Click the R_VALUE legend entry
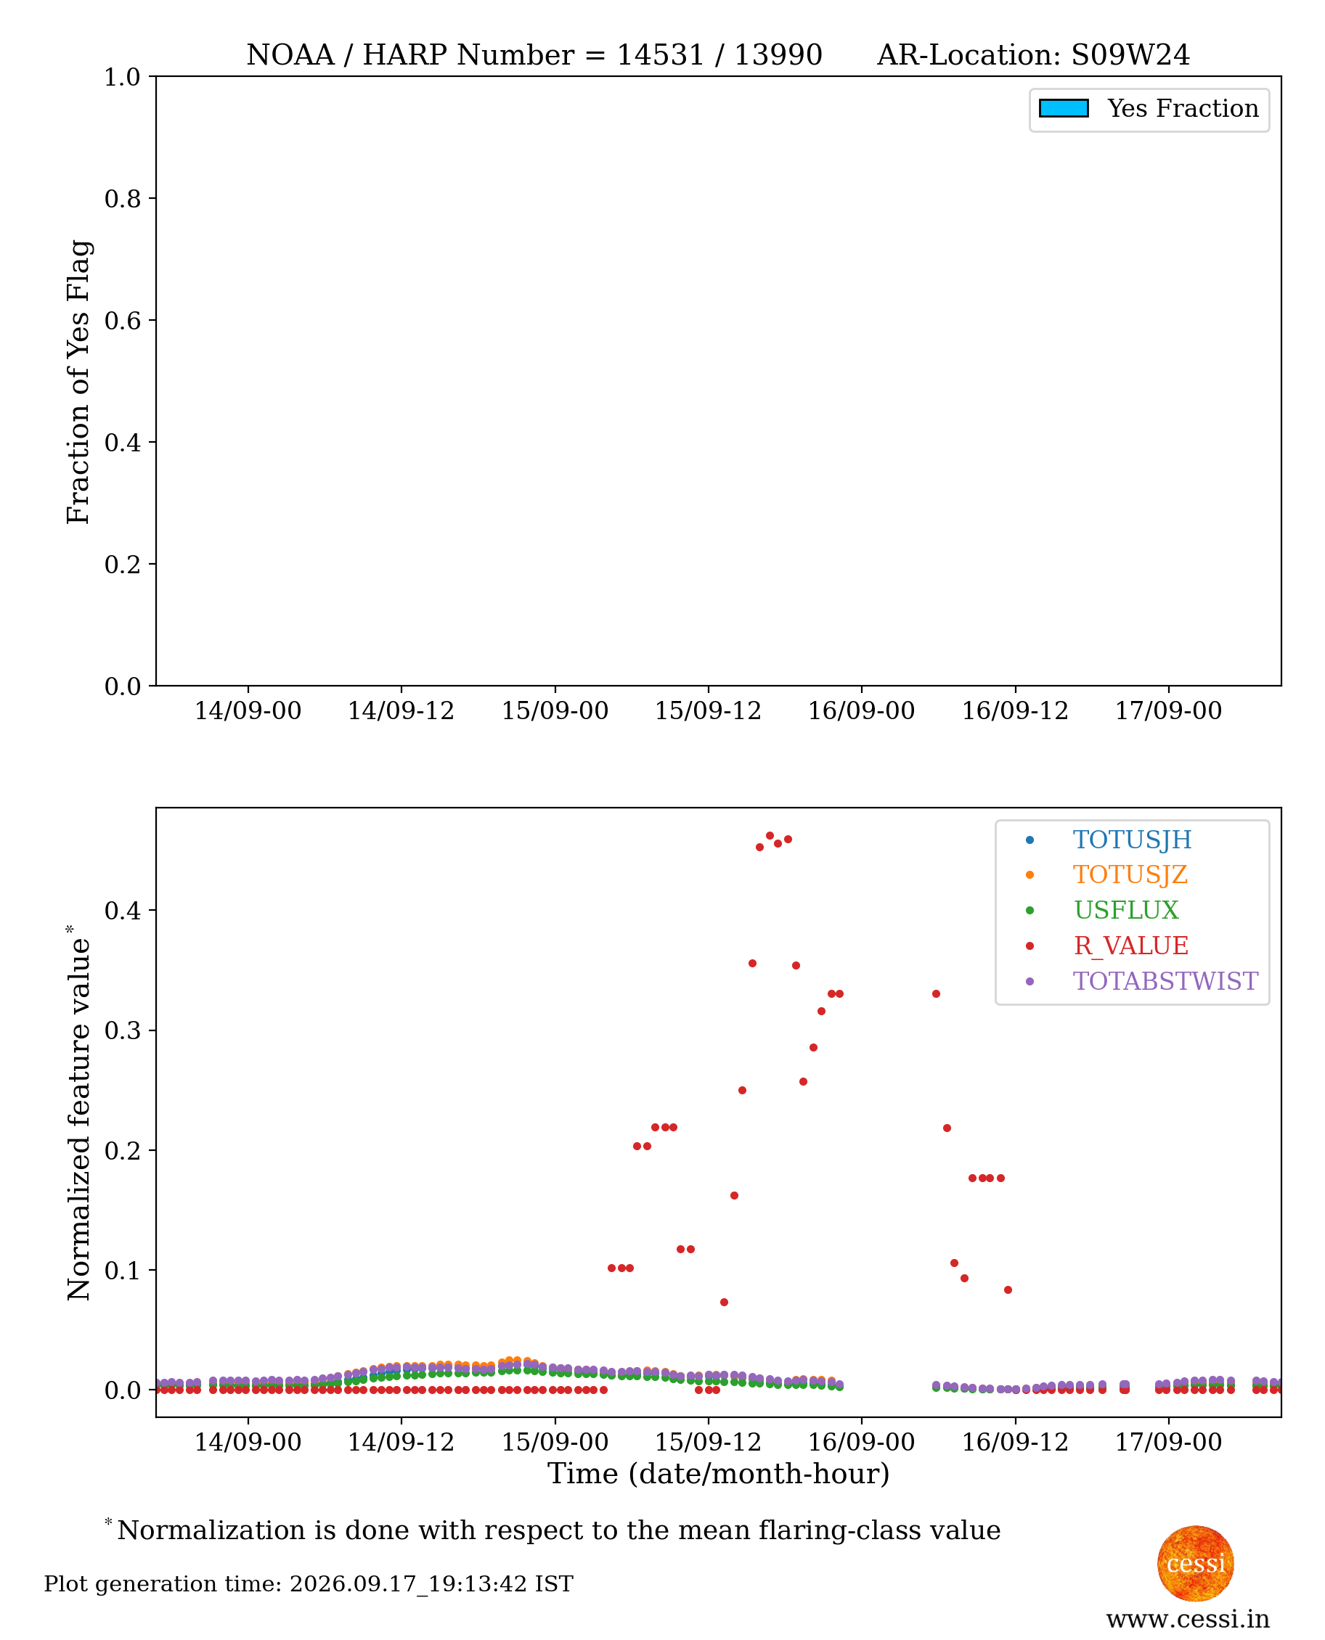click(1130, 945)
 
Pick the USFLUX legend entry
click(1126, 910)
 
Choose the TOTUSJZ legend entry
click(1130, 874)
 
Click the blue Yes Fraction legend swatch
click(1063, 108)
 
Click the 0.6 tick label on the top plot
click(122, 320)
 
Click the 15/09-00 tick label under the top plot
click(555, 710)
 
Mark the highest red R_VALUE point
click(770, 836)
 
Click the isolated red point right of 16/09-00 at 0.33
click(936, 994)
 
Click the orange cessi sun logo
click(1195, 1563)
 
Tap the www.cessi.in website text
click(1188, 1619)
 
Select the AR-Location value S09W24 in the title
click(1130, 55)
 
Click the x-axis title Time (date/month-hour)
click(719, 1474)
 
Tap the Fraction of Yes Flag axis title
click(78, 382)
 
